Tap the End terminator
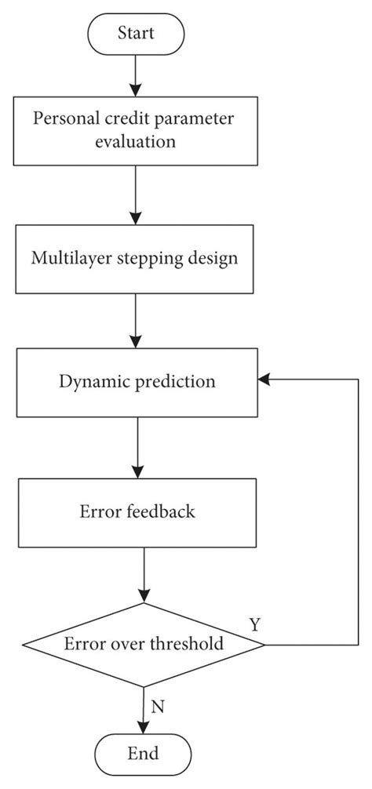(143, 754)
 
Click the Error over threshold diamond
(144, 645)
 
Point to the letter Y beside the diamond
(255, 624)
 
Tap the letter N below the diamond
(157, 706)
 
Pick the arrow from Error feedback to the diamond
(144, 575)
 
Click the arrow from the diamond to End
(144, 710)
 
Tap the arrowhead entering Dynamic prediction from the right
(264, 380)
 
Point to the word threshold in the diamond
(191, 645)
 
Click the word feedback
(160, 513)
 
